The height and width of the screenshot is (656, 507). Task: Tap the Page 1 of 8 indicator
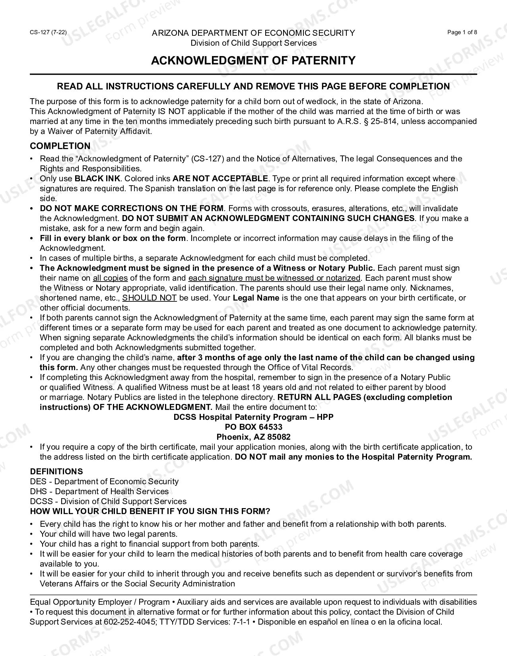coord(462,33)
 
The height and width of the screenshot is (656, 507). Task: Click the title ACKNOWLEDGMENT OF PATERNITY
coord(253,60)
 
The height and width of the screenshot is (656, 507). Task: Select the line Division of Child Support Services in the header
coord(253,43)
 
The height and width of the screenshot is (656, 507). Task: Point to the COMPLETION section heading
coord(60,146)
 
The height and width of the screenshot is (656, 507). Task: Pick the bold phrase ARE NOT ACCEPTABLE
coord(220,179)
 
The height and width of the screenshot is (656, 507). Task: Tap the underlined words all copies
coord(110,278)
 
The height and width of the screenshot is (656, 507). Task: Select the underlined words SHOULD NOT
coord(150,298)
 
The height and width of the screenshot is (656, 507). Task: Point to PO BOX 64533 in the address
coord(253,427)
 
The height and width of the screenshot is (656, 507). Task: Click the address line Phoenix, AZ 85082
coord(253,437)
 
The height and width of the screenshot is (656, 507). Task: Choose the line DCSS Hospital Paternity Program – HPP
coord(253,417)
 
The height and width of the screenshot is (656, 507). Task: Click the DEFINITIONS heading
coord(56,472)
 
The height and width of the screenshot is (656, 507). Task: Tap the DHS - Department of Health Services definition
coord(99,491)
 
